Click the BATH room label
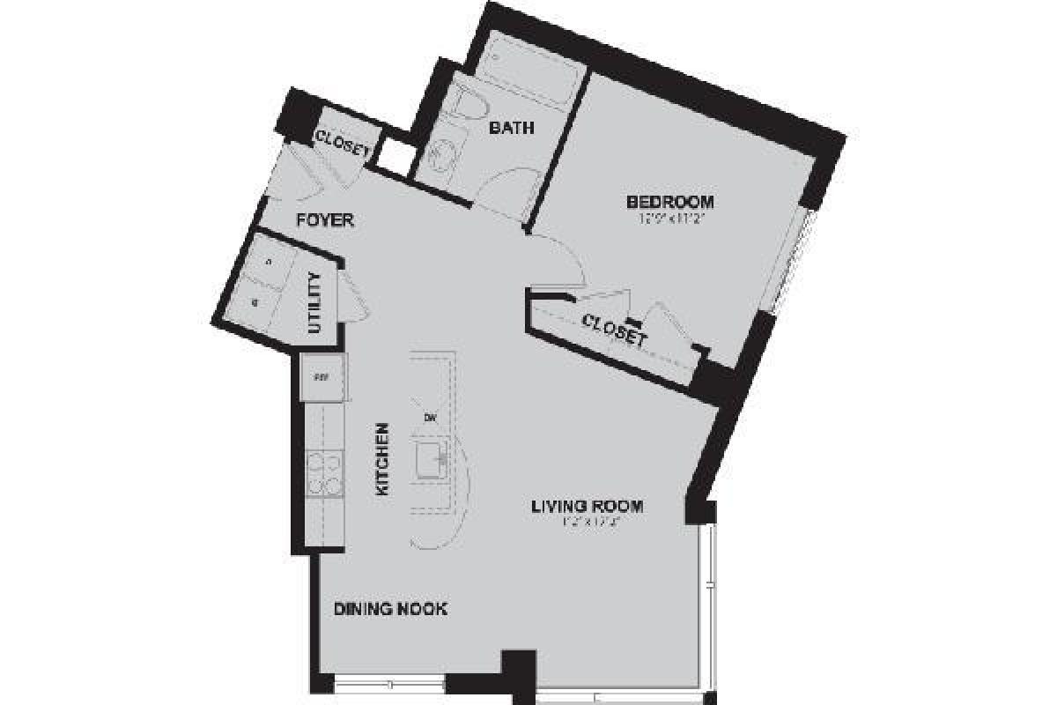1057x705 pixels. (x=511, y=129)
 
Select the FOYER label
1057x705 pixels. (x=324, y=220)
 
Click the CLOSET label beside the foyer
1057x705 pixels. (x=340, y=144)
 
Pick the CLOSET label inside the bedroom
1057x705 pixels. (x=615, y=329)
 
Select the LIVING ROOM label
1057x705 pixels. (x=587, y=507)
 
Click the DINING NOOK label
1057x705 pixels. (x=390, y=609)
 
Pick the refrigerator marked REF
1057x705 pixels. (x=322, y=377)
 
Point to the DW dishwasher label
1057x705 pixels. (x=431, y=417)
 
